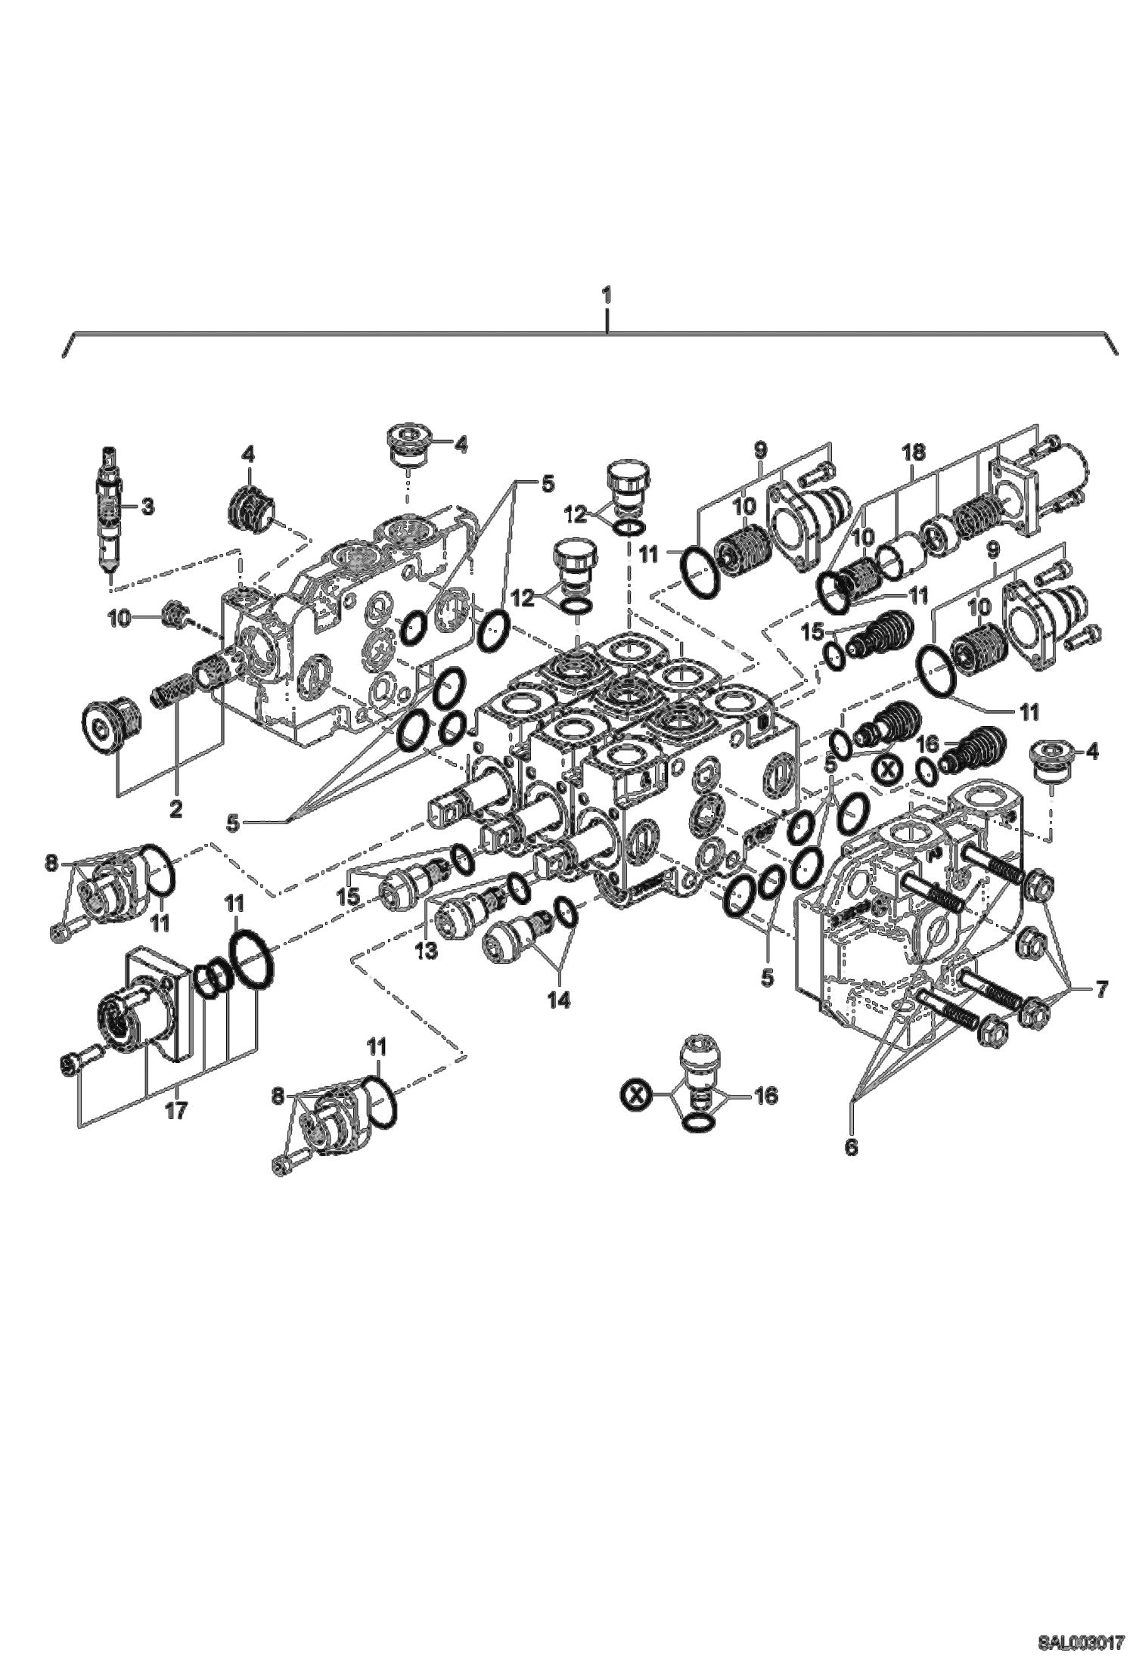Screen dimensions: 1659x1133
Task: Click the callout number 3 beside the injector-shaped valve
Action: [147, 507]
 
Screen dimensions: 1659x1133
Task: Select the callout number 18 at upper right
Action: [914, 454]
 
